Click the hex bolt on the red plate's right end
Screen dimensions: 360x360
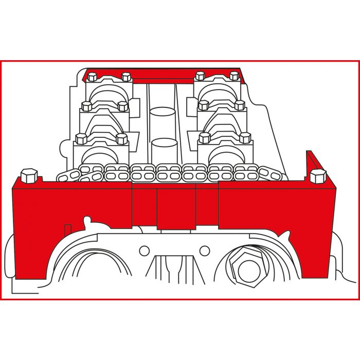pos(317,176)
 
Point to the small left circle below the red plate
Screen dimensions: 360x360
pos(144,251)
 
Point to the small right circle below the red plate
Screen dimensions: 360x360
pos(205,251)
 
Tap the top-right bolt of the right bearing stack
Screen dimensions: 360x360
pos(234,77)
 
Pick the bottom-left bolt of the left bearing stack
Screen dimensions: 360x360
pos(81,138)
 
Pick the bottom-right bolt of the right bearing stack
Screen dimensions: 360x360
pos(245,138)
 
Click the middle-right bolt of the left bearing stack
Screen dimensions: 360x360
pos(122,106)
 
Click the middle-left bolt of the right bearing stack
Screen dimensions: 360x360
pos(204,106)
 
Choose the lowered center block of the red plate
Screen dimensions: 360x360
pos(176,208)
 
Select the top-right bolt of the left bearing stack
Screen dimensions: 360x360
pos(125,78)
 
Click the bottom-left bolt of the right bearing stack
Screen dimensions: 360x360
pos(205,138)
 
